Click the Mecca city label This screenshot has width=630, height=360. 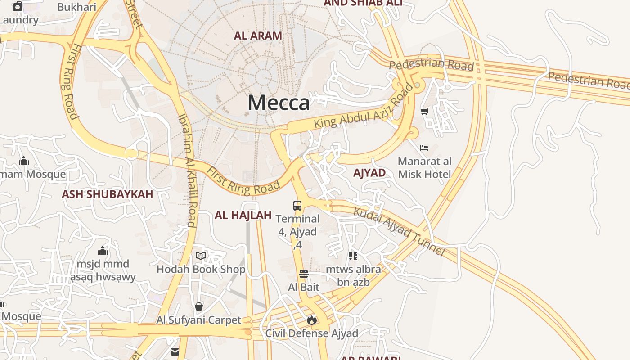(x=279, y=103)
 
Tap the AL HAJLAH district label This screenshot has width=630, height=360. (x=243, y=215)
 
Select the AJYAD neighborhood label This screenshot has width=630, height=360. (x=369, y=173)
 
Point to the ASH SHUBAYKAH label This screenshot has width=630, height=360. (x=108, y=194)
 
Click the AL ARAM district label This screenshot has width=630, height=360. (x=258, y=36)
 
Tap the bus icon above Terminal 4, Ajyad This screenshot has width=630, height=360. (x=297, y=206)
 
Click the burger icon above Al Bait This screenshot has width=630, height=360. (x=304, y=274)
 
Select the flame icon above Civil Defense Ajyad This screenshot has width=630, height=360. (x=311, y=320)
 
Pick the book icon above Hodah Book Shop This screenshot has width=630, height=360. (x=201, y=256)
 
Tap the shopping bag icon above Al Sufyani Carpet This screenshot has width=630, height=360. (x=199, y=307)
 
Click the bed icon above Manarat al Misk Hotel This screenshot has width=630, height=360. (x=424, y=148)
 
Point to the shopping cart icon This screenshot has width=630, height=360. (x=424, y=111)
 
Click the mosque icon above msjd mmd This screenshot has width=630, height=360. (x=103, y=251)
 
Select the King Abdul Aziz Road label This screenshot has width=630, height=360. (x=364, y=109)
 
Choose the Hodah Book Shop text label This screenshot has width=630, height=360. (x=201, y=269)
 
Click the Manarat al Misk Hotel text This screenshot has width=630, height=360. (x=424, y=167)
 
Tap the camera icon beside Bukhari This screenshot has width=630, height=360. (x=18, y=6)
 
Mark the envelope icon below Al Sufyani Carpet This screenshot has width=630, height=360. (x=175, y=351)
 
